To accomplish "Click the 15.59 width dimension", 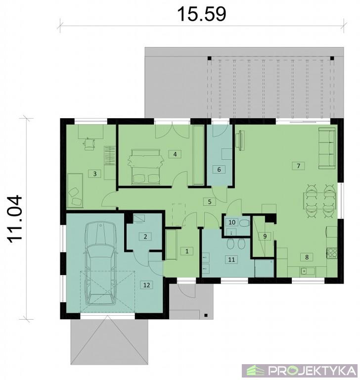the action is (202, 14).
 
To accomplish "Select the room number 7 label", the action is (298, 166).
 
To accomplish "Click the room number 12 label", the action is (146, 285).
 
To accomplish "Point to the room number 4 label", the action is (175, 154).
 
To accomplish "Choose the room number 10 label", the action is (232, 222).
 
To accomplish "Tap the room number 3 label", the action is (95, 174).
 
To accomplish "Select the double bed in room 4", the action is (145, 166).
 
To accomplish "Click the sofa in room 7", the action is (327, 148).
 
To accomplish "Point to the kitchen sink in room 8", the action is (308, 271).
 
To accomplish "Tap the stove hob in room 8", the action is (332, 252).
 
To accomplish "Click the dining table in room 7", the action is (319, 201).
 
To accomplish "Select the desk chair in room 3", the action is (89, 143).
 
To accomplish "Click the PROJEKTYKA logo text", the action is (312, 370).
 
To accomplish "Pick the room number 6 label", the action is (219, 169).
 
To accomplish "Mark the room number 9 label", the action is (265, 237).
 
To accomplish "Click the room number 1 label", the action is (187, 251).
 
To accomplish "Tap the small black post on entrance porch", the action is (206, 315).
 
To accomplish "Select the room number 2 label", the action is (145, 237).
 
